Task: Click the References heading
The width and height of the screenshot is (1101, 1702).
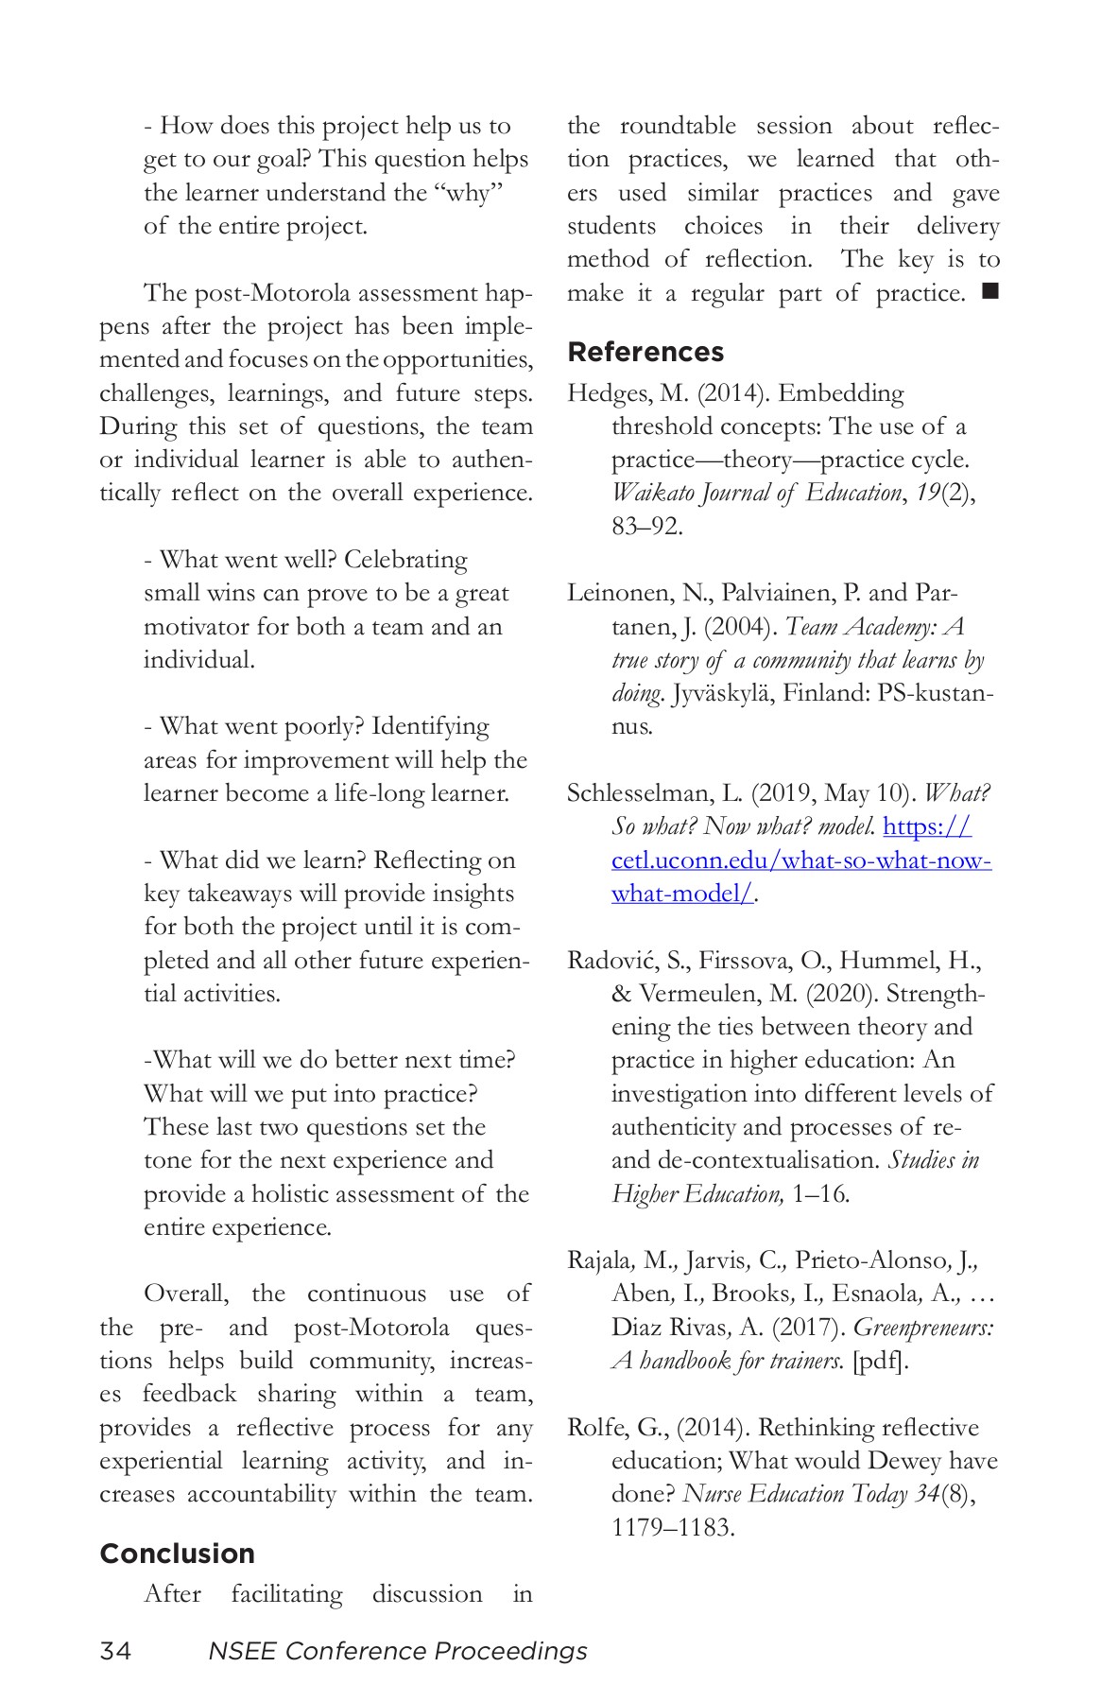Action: (645, 352)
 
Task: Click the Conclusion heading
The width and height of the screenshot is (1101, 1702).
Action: (177, 1554)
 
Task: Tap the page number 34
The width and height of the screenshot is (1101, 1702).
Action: (115, 1651)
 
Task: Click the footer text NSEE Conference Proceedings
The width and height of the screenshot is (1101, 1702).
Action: (397, 1651)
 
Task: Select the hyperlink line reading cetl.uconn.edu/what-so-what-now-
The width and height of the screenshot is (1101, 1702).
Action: (800, 860)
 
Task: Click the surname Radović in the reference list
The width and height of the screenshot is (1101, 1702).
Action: (612, 961)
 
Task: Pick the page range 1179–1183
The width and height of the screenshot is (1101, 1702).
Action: (672, 1527)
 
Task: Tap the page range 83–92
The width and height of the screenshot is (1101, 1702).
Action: (646, 526)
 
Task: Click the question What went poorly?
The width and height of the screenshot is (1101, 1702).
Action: (261, 726)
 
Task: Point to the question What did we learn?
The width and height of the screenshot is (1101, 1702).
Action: (262, 860)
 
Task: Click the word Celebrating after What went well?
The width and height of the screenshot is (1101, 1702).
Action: (405, 560)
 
